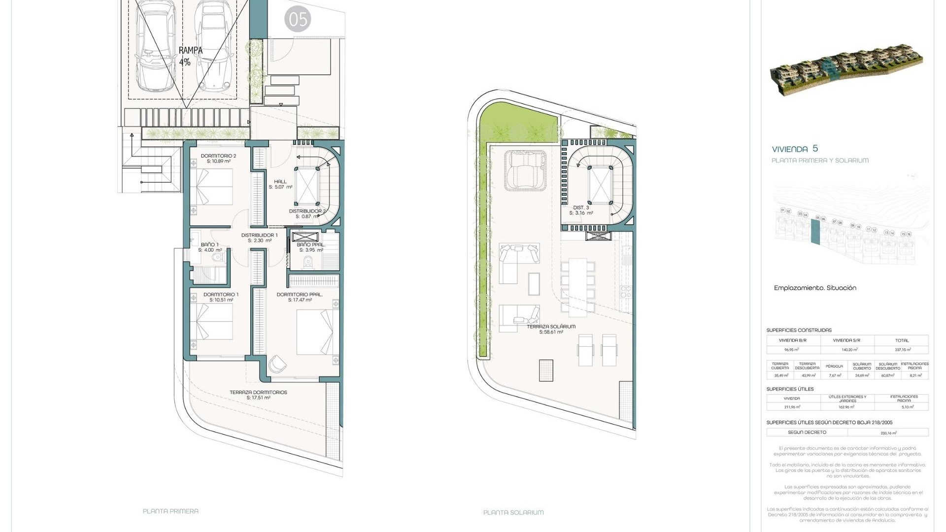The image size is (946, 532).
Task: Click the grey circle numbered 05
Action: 298,19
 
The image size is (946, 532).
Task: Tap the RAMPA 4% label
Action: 190,56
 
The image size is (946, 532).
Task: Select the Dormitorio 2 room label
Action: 218,158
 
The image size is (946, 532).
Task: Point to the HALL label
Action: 280,184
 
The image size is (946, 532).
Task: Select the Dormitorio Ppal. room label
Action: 300,297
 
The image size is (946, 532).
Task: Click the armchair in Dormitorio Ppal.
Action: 277,365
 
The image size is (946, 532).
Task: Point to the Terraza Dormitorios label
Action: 258,395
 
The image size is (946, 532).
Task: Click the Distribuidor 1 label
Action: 259,237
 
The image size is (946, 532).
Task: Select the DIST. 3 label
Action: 581,210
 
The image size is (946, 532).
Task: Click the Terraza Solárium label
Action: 551,329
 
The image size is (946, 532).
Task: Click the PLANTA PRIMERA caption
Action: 170,511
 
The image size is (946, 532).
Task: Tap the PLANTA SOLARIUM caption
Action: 513,512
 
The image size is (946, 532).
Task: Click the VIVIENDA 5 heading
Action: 795,149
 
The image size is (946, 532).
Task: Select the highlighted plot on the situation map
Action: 815,232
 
